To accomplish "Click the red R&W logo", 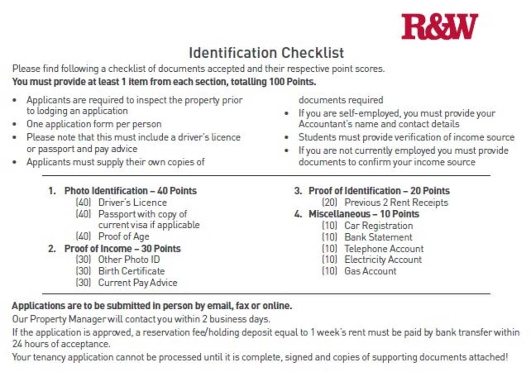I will tap(439, 26).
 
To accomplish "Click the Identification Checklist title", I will tap(266, 53).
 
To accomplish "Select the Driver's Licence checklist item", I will tap(132, 202).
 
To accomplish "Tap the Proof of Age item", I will tap(124, 237).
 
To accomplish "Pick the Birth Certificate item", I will tap(131, 271).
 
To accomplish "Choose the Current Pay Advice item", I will tap(137, 283).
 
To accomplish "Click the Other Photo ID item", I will tap(129, 260).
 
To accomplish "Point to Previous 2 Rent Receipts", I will tap(396, 202).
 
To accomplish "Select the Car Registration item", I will tap(378, 226).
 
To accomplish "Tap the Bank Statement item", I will tap(378, 237).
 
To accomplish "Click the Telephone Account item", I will tap(384, 249).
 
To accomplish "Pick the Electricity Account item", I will tap(383, 260).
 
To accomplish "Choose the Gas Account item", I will tap(370, 271).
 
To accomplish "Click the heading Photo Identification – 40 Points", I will tap(130, 191).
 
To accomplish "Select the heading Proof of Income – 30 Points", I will tap(122, 248).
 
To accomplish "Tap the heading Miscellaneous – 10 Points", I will tap(363, 214).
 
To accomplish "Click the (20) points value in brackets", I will tap(329, 202).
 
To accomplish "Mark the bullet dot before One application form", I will tap(14, 124).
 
